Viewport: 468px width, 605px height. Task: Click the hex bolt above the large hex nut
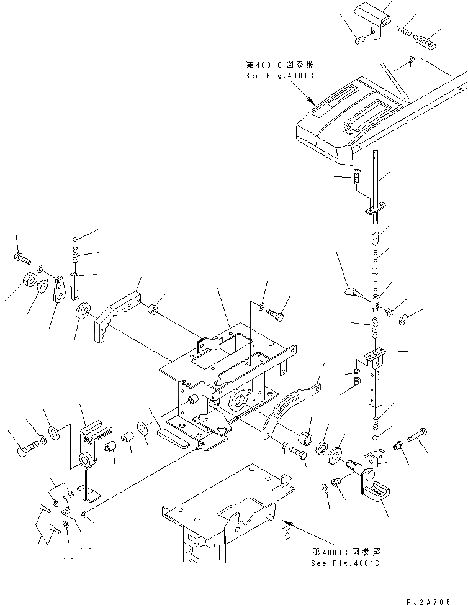[20, 256]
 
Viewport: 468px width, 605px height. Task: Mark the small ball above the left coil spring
[74, 239]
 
